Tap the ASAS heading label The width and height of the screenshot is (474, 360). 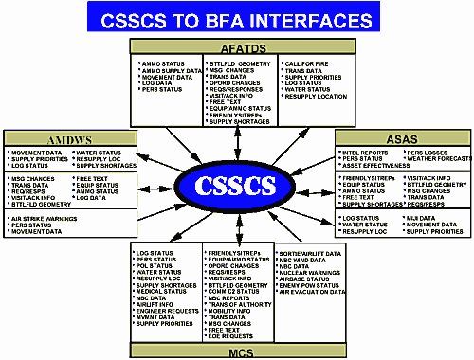coord(401,136)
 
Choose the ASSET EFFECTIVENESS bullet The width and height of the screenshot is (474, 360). coord(375,165)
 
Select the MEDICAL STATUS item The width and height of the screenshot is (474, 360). coord(160,291)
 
